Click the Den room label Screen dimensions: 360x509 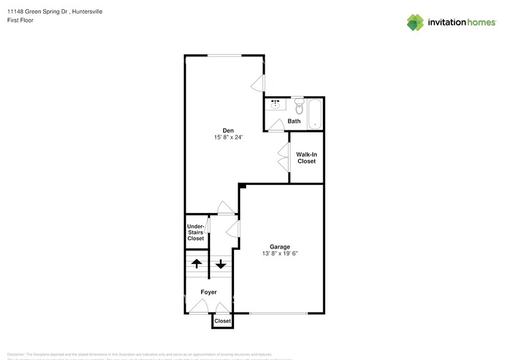(x=228, y=130)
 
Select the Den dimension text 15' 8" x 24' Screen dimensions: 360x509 (x=228, y=138)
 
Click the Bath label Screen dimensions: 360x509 (x=294, y=121)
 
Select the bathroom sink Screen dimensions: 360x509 (x=276, y=105)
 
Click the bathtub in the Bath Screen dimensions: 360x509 (x=315, y=113)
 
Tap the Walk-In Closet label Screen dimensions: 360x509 (x=306, y=157)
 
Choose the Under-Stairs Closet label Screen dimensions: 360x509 (x=195, y=232)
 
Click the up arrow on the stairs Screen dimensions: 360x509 (x=196, y=264)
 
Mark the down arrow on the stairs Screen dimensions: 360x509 (x=221, y=264)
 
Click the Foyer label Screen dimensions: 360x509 (x=209, y=292)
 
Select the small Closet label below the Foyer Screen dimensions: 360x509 (x=222, y=321)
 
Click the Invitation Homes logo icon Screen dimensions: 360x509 (x=415, y=22)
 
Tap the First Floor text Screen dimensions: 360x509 (x=20, y=20)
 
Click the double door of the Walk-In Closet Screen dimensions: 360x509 (x=284, y=157)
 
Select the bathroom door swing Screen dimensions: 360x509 (x=276, y=125)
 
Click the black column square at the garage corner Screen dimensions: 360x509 (x=242, y=186)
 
